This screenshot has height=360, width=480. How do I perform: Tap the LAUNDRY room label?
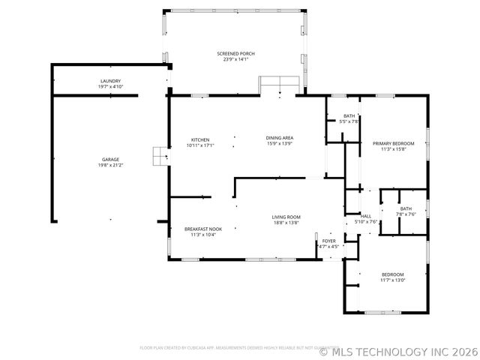click(110, 81)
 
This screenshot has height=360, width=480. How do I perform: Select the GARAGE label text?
click(110, 160)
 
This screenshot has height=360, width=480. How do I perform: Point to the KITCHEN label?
click(199, 139)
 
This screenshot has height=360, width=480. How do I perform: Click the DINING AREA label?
click(279, 137)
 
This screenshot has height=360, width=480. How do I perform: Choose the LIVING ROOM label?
click(286, 217)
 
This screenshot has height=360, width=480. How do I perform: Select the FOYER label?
click(328, 241)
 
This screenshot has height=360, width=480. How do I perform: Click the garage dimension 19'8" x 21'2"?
click(110, 166)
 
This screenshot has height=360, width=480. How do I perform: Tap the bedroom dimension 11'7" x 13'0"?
click(392, 280)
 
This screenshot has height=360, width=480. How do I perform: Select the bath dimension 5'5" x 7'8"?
click(349, 121)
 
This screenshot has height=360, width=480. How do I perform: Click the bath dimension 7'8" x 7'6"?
click(406, 214)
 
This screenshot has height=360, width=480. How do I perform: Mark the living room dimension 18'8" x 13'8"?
click(286, 223)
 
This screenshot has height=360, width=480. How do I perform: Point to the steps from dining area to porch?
click(280, 84)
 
